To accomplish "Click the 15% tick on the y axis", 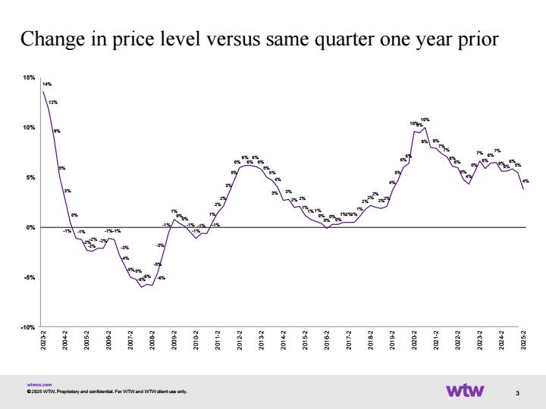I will coord(30,78).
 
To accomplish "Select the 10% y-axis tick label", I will coord(30,128).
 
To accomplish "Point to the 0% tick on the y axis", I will coord(31,227).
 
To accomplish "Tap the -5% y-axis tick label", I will coord(30,277).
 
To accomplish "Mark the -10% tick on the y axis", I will coord(28,327).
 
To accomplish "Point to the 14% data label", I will coord(47,84).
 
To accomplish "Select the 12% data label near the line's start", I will coord(53,101).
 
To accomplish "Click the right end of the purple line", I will coord(523,189).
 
